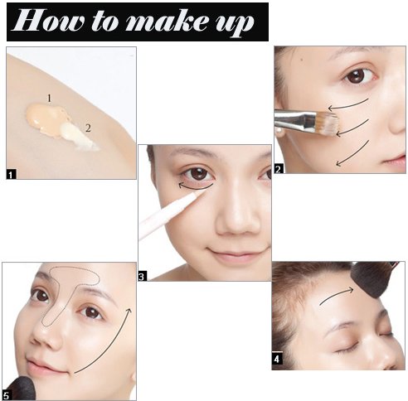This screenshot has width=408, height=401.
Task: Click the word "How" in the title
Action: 48,21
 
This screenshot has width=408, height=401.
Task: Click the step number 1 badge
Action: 11,175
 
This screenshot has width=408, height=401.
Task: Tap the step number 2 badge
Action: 279,168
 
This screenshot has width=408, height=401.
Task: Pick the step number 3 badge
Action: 143,276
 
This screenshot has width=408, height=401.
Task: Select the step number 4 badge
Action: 277,358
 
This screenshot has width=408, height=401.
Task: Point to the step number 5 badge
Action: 6,395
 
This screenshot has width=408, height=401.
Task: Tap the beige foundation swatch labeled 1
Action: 46,118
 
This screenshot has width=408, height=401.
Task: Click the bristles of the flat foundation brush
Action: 327,123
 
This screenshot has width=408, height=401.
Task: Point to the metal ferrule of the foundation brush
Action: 295,121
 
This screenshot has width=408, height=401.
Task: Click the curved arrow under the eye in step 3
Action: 196,189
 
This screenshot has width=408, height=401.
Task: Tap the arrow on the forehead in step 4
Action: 336,296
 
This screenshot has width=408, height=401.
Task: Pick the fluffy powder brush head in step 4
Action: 372,280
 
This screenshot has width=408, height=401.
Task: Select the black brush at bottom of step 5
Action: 20,389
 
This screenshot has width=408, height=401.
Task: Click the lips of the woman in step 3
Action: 236,254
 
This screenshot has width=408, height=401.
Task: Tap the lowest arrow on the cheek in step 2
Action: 352,153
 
